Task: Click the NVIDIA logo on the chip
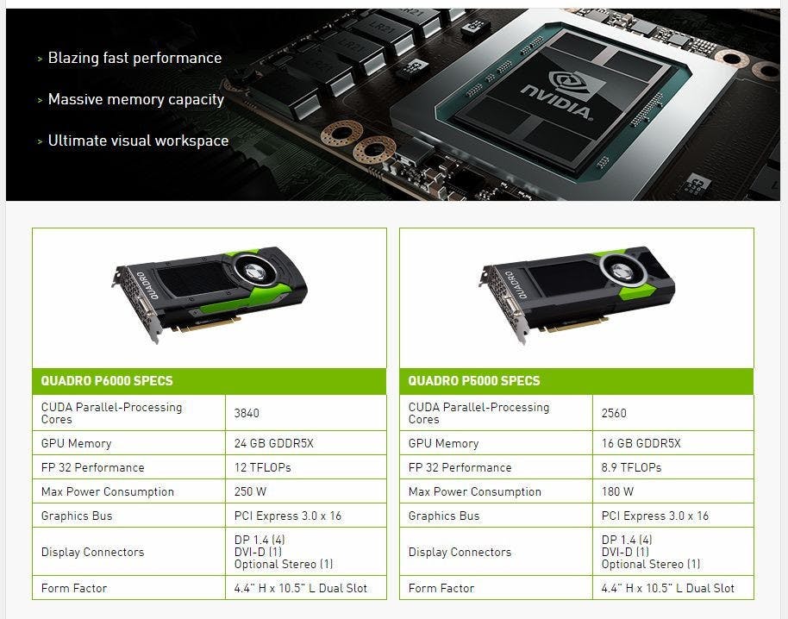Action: click(x=557, y=97)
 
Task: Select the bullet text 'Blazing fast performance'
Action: click(x=134, y=58)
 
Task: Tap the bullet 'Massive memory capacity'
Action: click(x=135, y=99)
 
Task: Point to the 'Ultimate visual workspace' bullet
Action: click(x=138, y=141)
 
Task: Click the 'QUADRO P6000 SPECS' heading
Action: click(x=107, y=381)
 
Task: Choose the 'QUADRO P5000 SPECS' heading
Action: click(x=474, y=381)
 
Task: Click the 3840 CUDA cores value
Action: click(x=247, y=413)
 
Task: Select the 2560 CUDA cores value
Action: click(x=614, y=413)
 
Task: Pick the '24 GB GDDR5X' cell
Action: click(x=274, y=443)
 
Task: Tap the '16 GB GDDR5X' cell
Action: click(x=641, y=443)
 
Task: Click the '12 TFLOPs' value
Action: click(x=263, y=467)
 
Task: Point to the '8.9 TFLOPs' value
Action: click(x=632, y=467)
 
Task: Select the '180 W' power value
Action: click(x=618, y=491)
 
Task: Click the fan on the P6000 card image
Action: click(x=257, y=272)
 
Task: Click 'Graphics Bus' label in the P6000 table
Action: click(x=77, y=516)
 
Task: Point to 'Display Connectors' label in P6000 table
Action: click(x=93, y=552)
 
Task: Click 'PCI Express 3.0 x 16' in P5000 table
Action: click(x=655, y=516)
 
